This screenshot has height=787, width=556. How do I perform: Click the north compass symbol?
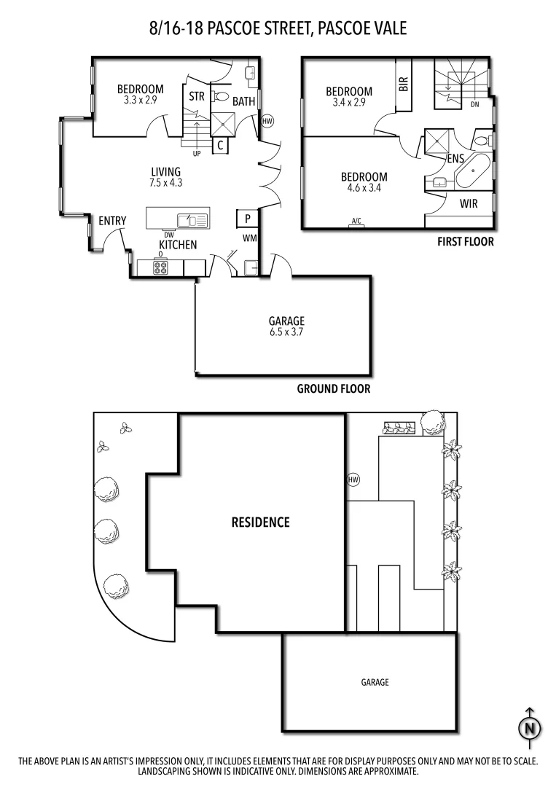(529, 727)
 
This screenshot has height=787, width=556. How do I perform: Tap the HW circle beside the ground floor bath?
(267, 121)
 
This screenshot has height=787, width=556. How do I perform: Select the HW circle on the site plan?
(353, 479)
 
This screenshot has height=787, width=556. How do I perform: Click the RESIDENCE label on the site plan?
(260, 522)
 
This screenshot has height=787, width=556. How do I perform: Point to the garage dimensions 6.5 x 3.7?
(286, 332)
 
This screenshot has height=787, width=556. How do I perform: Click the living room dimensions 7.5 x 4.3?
(165, 183)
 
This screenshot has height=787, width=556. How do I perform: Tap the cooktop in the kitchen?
(161, 268)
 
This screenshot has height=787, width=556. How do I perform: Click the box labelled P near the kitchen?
(247, 218)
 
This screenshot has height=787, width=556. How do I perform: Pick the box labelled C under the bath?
(220, 145)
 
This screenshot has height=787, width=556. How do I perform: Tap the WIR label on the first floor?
(469, 204)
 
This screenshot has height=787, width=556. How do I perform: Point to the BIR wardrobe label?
(404, 85)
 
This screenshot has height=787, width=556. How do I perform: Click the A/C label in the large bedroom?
(356, 222)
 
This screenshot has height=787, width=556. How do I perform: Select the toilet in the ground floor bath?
(221, 97)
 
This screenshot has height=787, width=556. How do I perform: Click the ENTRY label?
(112, 221)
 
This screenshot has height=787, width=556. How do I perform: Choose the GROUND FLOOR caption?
(333, 389)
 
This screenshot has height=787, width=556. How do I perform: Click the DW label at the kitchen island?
(169, 235)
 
